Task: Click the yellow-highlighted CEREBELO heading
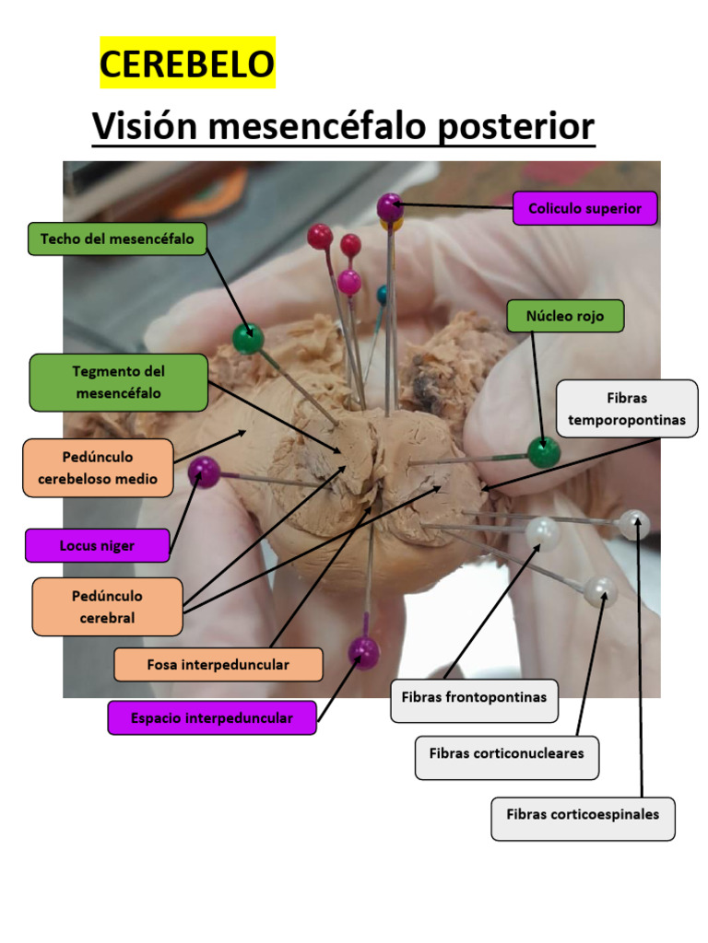[x=187, y=64]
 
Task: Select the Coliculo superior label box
[x=584, y=208]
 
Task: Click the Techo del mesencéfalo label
[x=117, y=239]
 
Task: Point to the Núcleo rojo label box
[x=565, y=316]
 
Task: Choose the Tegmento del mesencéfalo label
[x=118, y=382]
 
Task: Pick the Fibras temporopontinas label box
[x=627, y=409]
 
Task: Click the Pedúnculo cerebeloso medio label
[x=98, y=468]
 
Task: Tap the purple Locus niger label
[x=97, y=545]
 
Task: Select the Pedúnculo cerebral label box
[x=107, y=607]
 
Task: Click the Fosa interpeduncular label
[x=218, y=664]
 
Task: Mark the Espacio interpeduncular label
[x=211, y=717]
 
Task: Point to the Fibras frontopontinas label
[x=474, y=697]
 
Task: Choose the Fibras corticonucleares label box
[x=506, y=753]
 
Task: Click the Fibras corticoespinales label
[x=583, y=814]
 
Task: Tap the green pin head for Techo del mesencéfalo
[x=247, y=339]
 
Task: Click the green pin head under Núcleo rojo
[x=543, y=452]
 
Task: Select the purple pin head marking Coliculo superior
[x=390, y=206]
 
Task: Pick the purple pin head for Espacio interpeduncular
[x=363, y=651]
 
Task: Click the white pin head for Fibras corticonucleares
[x=600, y=591]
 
